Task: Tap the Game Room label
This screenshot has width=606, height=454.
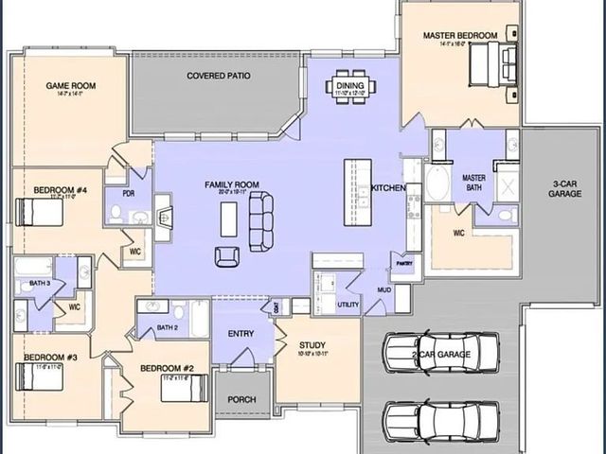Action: [x=71, y=86]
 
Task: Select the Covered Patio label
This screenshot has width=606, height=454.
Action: [x=219, y=75]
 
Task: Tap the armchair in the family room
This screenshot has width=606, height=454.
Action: [x=227, y=256]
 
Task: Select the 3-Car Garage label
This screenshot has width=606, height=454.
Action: [x=564, y=187]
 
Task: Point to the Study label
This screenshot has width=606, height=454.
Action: [x=312, y=345]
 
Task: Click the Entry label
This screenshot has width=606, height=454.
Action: [x=241, y=333]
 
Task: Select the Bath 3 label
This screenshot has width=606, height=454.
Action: [x=40, y=283]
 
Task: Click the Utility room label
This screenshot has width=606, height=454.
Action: [x=348, y=305]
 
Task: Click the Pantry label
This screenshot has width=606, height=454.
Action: [x=406, y=264]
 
